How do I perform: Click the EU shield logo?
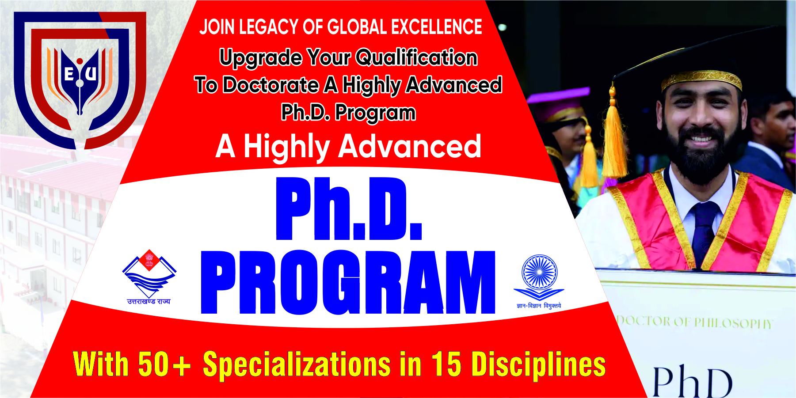[x=80, y=80]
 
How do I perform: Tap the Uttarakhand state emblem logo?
[x=149, y=277]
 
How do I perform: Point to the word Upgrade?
[x=261, y=58]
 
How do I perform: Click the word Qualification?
[x=416, y=57]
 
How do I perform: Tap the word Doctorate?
[x=270, y=84]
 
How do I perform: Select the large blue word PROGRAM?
[x=348, y=282]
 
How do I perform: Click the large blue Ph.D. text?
[x=349, y=208]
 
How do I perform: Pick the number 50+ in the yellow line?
[x=164, y=364]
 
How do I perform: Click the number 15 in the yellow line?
[x=446, y=364]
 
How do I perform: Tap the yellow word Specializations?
[x=297, y=365]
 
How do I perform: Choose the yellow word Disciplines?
[x=538, y=364]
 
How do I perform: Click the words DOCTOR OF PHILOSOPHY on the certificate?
[x=694, y=322]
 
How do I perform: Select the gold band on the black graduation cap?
[x=701, y=80]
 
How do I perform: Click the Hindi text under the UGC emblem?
[x=539, y=306]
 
